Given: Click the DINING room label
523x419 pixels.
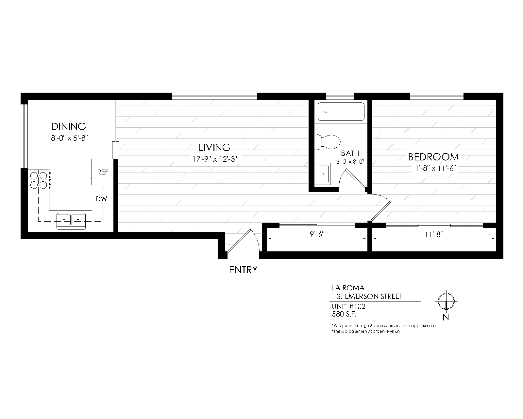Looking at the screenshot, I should pyautogui.click(x=69, y=126).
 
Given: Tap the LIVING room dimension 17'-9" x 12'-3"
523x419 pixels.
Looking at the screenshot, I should pyautogui.click(x=215, y=159).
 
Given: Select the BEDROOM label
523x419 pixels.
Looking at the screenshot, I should pyautogui.click(x=433, y=157).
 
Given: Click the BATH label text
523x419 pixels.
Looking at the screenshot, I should pyautogui.click(x=350, y=153).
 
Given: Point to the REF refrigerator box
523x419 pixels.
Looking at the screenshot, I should pyautogui.click(x=103, y=172).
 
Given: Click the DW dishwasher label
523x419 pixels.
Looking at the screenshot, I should pyautogui.click(x=101, y=199).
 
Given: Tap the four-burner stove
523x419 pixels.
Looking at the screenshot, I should pyautogui.click(x=39, y=180).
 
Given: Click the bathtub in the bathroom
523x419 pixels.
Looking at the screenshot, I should pyautogui.click(x=341, y=112).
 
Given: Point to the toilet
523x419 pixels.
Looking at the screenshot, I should pyautogui.click(x=328, y=141).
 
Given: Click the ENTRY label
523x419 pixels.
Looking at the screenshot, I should pyautogui.click(x=243, y=270).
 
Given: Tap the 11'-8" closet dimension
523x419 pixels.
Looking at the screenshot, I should pyautogui.click(x=433, y=234).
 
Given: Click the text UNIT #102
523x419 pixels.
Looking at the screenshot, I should pyautogui.click(x=348, y=307).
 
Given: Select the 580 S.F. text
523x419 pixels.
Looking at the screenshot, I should pyautogui.click(x=344, y=314).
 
